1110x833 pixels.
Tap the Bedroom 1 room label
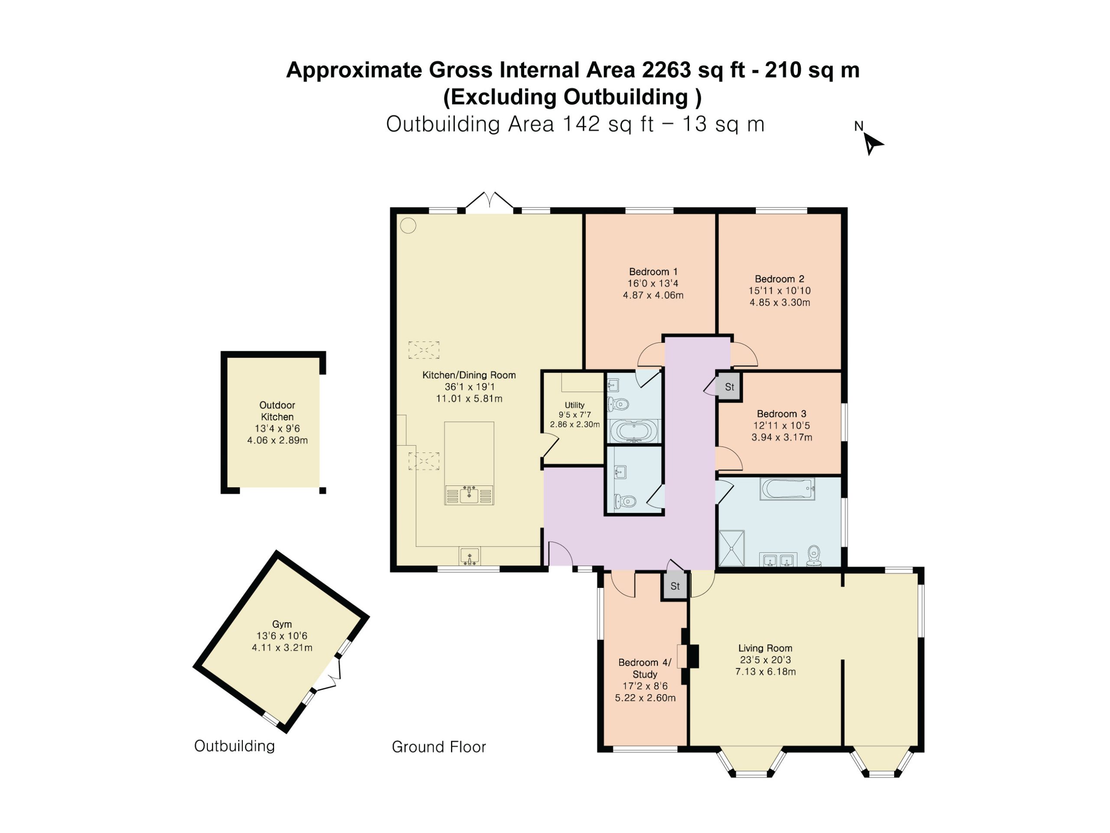(x=653, y=272)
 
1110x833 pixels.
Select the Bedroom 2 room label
(x=780, y=279)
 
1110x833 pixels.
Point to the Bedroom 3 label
(x=782, y=414)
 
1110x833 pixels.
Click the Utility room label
(x=575, y=405)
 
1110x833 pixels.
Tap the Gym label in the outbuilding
(x=282, y=625)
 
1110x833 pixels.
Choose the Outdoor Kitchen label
(x=277, y=411)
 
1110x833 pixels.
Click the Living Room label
(x=765, y=649)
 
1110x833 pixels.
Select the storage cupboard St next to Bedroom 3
(x=729, y=387)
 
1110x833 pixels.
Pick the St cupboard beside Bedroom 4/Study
(x=675, y=587)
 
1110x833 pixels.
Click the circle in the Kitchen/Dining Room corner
(x=408, y=226)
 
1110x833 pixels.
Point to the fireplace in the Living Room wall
(x=688, y=657)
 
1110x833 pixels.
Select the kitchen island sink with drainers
(x=469, y=495)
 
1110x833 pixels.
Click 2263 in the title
(x=667, y=70)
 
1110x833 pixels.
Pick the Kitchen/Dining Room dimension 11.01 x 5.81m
(x=469, y=399)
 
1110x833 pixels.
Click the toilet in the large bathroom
(x=814, y=556)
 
